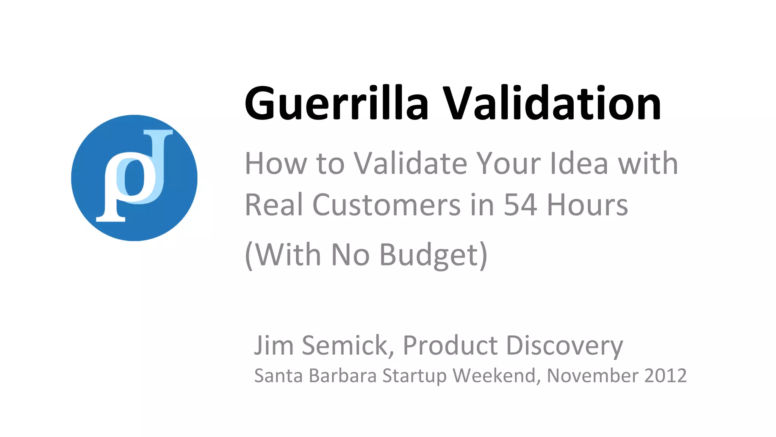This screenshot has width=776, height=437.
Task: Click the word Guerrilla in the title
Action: click(x=336, y=103)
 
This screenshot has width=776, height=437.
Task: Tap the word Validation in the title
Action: click(x=552, y=103)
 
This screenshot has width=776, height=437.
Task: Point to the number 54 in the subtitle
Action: click(x=520, y=205)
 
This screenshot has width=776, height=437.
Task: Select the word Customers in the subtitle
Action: click(x=386, y=205)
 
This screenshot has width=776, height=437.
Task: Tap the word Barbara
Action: click(x=343, y=376)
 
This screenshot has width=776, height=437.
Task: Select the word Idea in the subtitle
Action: click(x=579, y=163)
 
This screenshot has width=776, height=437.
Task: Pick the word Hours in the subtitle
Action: click(x=587, y=205)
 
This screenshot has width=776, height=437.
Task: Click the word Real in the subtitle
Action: click(x=274, y=205)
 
